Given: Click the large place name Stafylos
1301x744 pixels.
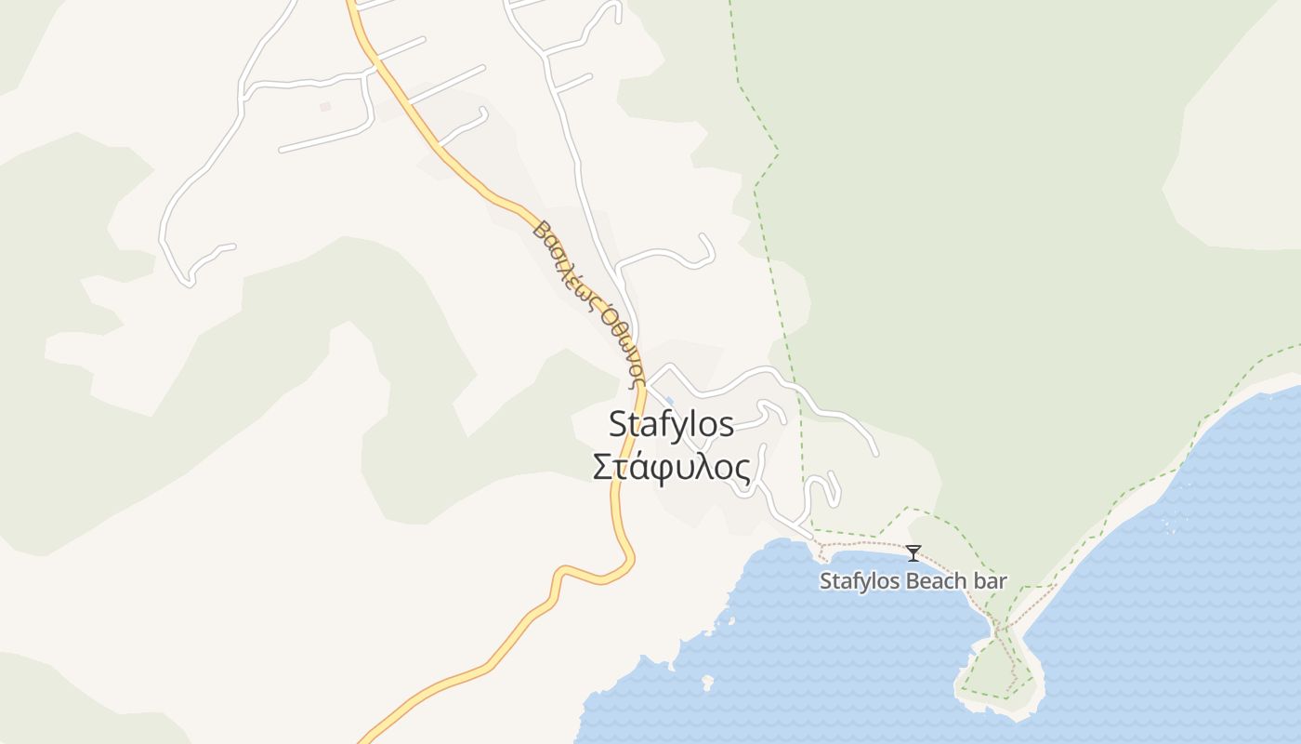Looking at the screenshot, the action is [671, 425].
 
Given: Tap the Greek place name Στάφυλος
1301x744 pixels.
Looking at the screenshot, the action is [671, 467].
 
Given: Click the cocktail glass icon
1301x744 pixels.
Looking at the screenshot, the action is [913, 553].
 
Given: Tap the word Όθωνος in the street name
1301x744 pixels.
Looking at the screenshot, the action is [621, 344].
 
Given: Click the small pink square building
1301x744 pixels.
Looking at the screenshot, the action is [325, 107].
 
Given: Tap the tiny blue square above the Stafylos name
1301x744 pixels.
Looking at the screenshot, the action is [670, 401].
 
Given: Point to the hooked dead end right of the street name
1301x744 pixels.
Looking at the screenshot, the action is [706, 249].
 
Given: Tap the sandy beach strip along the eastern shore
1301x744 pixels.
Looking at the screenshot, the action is [1143, 493].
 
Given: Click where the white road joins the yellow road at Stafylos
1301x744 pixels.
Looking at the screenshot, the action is [647, 380].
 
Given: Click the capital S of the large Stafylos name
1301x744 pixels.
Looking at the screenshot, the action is [619, 425].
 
